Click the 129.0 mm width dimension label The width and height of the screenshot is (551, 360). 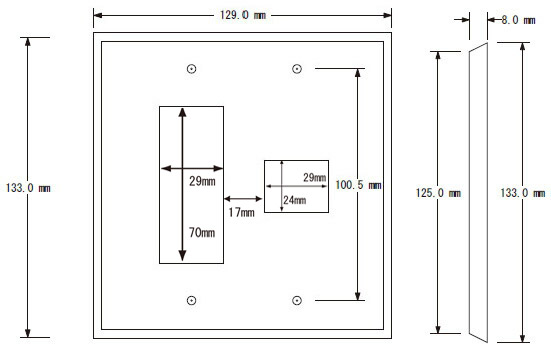[x=243, y=15]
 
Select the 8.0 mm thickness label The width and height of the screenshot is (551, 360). [x=518, y=20]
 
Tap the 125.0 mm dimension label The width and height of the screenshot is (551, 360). [x=438, y=193]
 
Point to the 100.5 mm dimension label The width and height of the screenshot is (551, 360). [x=358, y=185]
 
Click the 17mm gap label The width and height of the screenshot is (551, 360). [x=241, y=212]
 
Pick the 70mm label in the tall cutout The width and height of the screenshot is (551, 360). [x=202, y=232]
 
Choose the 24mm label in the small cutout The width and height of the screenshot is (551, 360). [x=294, y=200]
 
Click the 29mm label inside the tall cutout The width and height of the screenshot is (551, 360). [x=202, y=181]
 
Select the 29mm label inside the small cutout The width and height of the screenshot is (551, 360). [x=315, y=178]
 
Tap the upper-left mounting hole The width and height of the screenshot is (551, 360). [x=192, y=69]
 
